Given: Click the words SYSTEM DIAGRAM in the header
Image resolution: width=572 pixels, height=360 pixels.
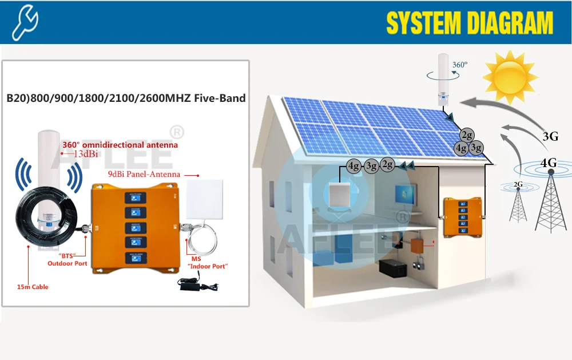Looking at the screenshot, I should [469, 23].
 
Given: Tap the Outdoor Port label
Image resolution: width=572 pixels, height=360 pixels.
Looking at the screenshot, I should [67, 263].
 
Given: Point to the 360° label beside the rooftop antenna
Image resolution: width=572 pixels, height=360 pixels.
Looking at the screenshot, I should [459, 65].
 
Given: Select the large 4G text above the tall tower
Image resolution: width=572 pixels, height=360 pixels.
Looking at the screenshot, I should [548, 163].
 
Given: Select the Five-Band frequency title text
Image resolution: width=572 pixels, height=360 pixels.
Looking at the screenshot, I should [126, 98].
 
